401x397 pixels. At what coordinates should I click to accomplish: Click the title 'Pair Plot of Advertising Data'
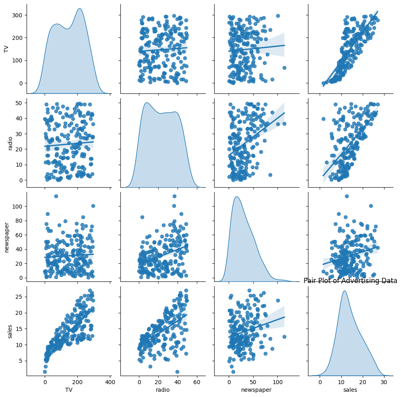pos(350,281)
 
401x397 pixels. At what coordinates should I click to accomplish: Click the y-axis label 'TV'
pos(6,49)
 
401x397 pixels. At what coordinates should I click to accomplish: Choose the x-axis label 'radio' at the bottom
pos(163,390)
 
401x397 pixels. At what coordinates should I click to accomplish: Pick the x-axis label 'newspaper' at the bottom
pos(256,390)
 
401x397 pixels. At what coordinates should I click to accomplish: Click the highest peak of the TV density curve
pos(80,8)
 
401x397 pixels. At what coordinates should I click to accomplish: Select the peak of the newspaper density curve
pos(237,197)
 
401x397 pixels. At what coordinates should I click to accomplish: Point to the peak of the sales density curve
pos(344,291)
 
